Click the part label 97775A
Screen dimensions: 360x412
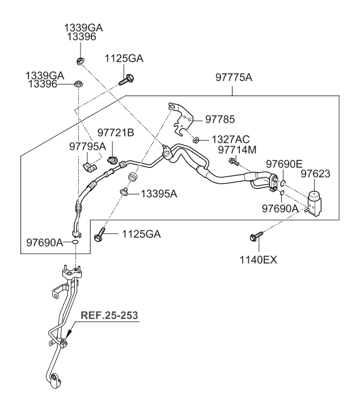click(x=234, y=78)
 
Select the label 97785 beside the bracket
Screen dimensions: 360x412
click(x=219, y=119)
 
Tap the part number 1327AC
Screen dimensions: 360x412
click(x=230, y=139)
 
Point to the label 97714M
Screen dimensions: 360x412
click(x=237, y=150)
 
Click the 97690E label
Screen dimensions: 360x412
click(x=284, y=164)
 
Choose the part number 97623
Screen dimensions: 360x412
click(x=315, y=173)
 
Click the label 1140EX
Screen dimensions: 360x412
click(x=258, y=260)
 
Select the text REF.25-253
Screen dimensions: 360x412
click(x=109, y=315)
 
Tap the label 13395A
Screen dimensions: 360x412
click(x=159, y=194)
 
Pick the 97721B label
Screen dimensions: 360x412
click(x=116, y=133)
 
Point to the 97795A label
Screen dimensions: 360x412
click(x=87, y=146)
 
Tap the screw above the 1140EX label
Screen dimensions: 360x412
click(x=256, y=236)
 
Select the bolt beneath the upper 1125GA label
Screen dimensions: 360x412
click(x=126, y=79)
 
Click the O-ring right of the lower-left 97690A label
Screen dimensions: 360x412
click(x=75, y=242)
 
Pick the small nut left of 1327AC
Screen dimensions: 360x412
click(x=195, y=139)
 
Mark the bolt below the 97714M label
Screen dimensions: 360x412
click(x=234, y=162)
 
